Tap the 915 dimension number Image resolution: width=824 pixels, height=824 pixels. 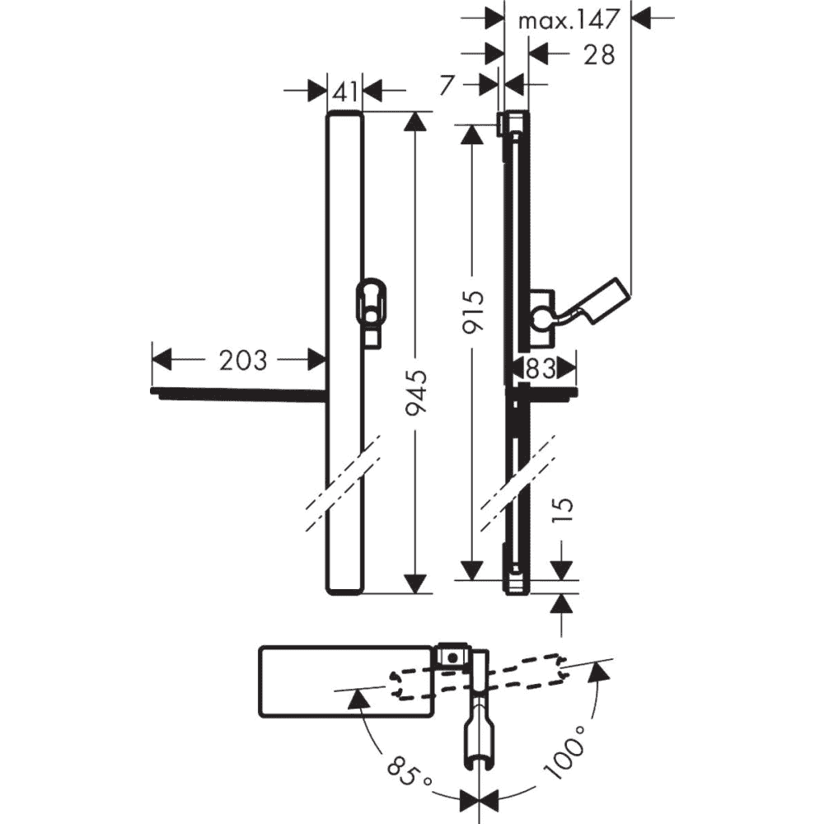point(473,311)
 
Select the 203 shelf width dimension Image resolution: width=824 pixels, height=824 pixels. point(243,361)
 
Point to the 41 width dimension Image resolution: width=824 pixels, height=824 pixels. point(345,92)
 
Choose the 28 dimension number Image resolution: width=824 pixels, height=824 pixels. point(599,54)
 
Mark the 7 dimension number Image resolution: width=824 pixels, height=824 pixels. point(446,85)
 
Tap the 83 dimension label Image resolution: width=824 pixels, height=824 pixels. point(541,368)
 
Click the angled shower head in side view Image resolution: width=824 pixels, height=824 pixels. point(602,301)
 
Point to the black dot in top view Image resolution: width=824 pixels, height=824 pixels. point(452,657)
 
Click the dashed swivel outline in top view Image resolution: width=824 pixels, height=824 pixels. point(478,677)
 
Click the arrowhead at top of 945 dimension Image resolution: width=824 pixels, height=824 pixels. point(415,121)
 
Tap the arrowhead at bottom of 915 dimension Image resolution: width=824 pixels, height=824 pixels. point(472,571)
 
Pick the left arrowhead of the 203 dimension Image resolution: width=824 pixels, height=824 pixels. point(162,360)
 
